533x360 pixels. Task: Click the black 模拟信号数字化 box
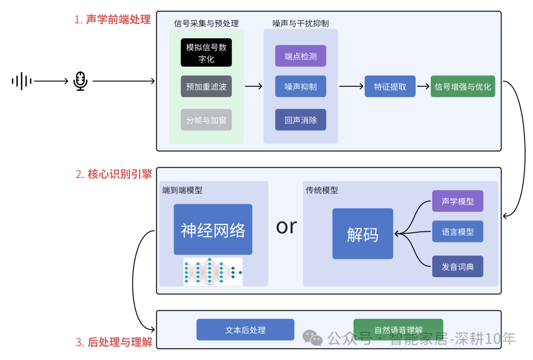(x=206, y=53)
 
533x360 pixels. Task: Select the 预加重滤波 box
(x=206, y=86)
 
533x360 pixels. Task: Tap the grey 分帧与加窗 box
(x=206, y=120)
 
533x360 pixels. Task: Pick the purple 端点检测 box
(x=301, y=56)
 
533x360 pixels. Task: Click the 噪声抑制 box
(x=301, y=86)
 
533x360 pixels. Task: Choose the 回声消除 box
(x=301, y=120)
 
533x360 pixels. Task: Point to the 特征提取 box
(x=390, y=86)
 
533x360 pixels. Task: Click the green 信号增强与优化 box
(x=462, y=86)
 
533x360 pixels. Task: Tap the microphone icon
(x=80, y=81)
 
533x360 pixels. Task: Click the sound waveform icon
(x=22, y=81)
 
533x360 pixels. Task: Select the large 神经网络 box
(x=213, y=229)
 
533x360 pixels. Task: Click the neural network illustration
(x=213, y=271)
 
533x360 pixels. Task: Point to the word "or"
(x=286, y=227)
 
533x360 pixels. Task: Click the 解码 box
(x=363, y=234)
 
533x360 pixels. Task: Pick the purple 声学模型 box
(x=457, y=201)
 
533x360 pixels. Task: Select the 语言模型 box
(x=457, y=232)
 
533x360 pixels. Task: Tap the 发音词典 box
(x=457, y=267)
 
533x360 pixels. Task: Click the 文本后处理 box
(x=245, y=329)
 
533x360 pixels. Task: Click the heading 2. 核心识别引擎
(x=114, y=174)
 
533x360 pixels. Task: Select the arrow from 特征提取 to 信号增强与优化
(x=423, y=86)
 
